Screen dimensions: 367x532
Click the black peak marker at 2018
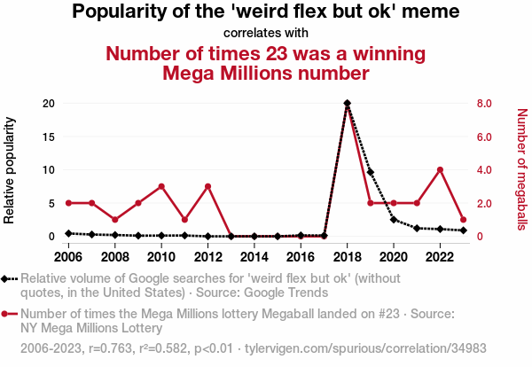pyautogui.click(x=347, y=104)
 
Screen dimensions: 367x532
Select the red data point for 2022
pyautogui.click(x=440, y=169)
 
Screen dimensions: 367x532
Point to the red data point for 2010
pyautogui.click(x=161, y=186)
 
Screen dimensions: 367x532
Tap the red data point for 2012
pyautogui.click(x=207, y=186)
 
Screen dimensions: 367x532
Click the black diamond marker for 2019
pyautogui.click(x=371, y=172)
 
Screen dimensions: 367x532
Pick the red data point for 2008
pyautogui.click(x=115, y=220)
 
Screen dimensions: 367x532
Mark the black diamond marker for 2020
pyautogui.click(x=394, y=220)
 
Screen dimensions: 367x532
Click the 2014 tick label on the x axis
pyautogui.click(x=254, y=256)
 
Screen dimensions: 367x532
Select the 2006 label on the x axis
pyautogui.click(x=69, y=256)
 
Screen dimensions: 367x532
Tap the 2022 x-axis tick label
pyautogui.click(x=440, y=256)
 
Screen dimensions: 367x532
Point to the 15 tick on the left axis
pyautogui.click(x=50, y=137)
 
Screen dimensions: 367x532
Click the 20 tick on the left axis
pyautogui.click(x=50, y=104)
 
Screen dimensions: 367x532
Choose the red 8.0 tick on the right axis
pyautogui.click(x=484, y=104)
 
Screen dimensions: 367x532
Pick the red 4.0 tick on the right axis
pyautogui.click(x=484, y=170)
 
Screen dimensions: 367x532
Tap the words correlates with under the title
pyautogui.click(x=265, y=33)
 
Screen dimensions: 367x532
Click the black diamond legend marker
pyautogui.click(x=6, y=279)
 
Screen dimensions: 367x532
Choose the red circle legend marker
pyautogui.click(x=6, y=314)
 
